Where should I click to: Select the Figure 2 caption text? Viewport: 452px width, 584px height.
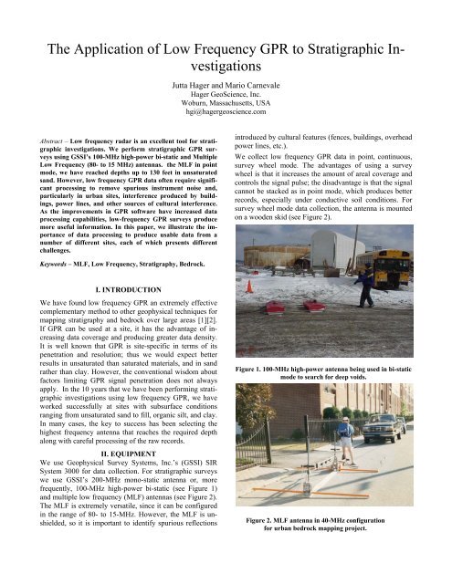338,549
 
